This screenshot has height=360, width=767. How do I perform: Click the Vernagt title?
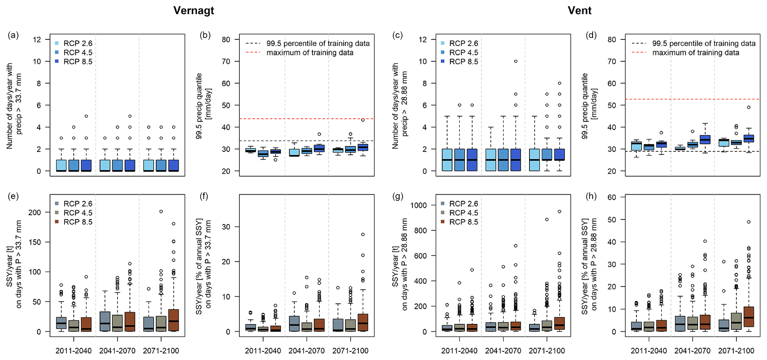pyautogui.click(x=194, y=10)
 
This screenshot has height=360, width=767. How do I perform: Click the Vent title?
pyautogui.click(x=579, y=10)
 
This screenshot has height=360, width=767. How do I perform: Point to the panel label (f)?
pyautogui.click(x=204, y=196)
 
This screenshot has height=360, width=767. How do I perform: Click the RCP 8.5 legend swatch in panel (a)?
pyautogui.click(x=57, y=62)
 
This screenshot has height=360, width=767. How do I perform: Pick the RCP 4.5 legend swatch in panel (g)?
pyautogui.click(x=443, y=213)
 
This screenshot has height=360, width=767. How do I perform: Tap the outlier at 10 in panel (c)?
pyautogui.click(x=516, y=61)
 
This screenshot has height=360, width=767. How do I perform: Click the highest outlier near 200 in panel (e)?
pyautogui.click(x=161, y=212)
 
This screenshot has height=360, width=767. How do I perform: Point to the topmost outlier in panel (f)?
pyautogui.click(x=363, y=235)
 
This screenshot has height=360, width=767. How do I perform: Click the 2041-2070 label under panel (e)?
pyautogui.click(x=117, y=351)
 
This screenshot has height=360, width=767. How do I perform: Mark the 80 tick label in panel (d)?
pyautogui.click(x=612, y=39)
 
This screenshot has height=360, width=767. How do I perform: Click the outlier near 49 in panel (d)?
pyautogui.click(x=749, y=107)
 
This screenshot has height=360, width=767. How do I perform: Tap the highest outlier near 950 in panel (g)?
pyautogui.click(x=560, y=212)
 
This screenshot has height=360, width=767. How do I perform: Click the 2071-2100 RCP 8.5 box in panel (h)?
pyautogui.click(x=749, y=317)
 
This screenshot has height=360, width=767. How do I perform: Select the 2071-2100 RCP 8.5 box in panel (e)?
pyautogui.click(x=174, y=320)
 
